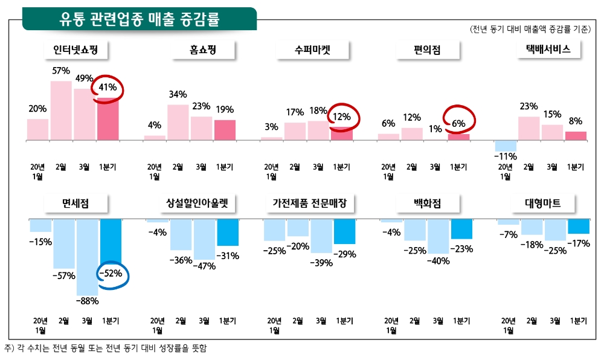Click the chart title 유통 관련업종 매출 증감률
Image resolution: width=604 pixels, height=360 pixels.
click(139, 19)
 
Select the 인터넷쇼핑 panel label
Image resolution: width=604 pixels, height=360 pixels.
click(75, 51)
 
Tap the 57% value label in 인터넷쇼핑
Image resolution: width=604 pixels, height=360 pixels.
click(61, 71)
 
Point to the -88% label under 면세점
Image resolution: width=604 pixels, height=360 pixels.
click(87, 299)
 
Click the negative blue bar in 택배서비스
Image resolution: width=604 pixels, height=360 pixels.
click(506, 146)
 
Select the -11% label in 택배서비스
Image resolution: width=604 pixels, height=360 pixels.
click(506, 156)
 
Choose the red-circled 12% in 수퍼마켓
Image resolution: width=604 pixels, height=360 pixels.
click(342, 117)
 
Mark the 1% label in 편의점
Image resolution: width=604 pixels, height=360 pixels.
click(435, 129)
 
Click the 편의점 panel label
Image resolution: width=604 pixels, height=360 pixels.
click(428, 51)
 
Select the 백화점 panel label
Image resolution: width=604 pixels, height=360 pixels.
click(428, 204)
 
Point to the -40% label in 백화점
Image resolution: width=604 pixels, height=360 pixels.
click(438, 261)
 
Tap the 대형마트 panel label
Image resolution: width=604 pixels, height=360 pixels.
click(544, 204)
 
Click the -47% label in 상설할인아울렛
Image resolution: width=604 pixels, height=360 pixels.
click(204, 266)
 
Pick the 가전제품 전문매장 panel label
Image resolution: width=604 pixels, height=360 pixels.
click(310, 204)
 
